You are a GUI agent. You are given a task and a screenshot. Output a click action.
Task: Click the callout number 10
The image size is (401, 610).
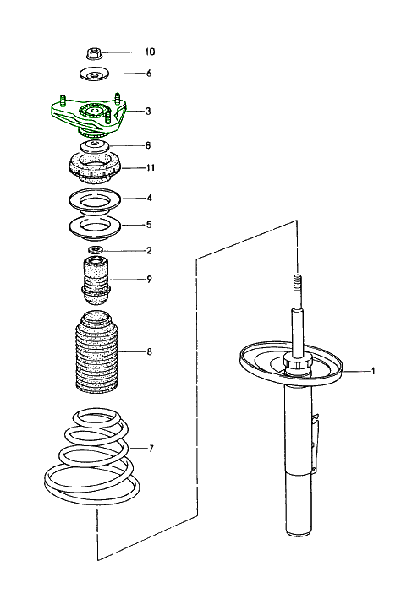(150, 52)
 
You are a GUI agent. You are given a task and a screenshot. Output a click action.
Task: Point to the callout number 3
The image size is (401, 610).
(149, 111)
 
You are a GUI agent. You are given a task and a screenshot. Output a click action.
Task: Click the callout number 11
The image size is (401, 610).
(150, 168)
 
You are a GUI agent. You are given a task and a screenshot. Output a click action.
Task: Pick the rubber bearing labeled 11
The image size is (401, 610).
(93, 169)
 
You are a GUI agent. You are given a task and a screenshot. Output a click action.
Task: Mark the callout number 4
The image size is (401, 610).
(149, 199)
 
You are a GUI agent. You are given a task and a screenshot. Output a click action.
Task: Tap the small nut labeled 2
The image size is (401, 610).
(96, 250)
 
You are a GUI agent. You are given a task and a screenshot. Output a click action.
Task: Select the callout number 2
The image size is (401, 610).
(149, 250)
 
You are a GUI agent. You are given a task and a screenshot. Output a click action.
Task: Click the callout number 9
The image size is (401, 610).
(149, 279)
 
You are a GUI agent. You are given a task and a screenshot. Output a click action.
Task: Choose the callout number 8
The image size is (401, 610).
(149, 351)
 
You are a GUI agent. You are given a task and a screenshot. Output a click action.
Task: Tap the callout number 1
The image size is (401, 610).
(371, 371)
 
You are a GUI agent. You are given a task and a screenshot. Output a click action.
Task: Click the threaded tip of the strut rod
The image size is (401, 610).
(298, 283)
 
